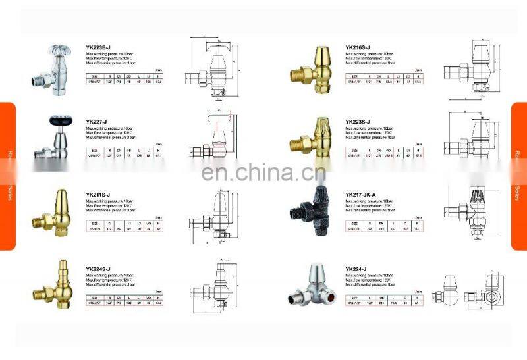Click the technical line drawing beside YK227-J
[x=211, y=138]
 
